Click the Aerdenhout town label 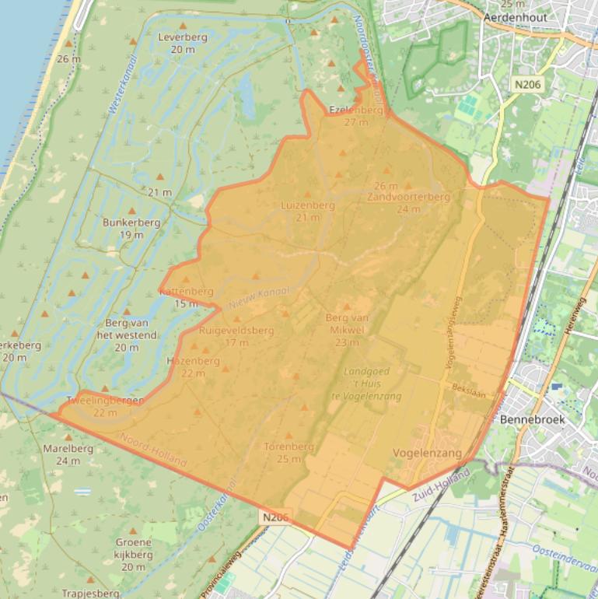point(515,17)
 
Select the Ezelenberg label point(356,110)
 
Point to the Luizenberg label point(308,206)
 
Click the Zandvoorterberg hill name point(408,198)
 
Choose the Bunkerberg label point(131,222)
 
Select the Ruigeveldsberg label point(236,331)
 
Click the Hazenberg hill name point(193,362)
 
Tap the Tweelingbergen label point(105,401)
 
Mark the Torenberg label point(289,447)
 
